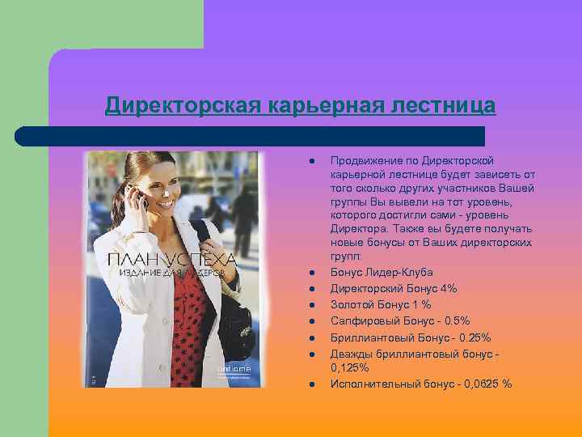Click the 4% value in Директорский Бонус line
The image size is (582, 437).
pos(449,289)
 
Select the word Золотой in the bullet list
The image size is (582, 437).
pos(352,305)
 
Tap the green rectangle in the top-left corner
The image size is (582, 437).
pos(101,24)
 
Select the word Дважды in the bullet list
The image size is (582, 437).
pos(350,354)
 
